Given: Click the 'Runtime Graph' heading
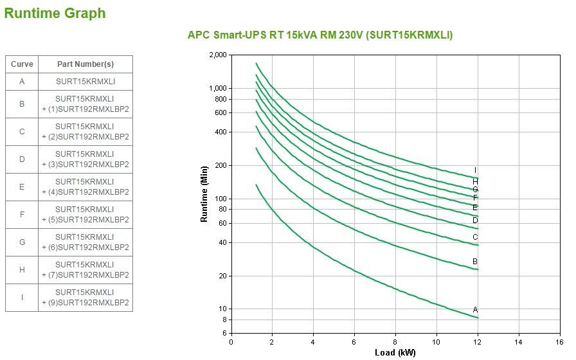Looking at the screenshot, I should [55, 13].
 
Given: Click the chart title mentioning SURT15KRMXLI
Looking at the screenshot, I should [319, 35].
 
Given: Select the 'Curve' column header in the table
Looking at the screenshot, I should [22, 64].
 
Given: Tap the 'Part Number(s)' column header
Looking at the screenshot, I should [85, 64].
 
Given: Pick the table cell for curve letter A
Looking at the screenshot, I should [22, 82].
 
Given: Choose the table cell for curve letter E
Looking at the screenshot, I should [22, 186].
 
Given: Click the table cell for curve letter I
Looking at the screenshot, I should [22, 297].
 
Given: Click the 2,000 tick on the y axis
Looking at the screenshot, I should [218, 55].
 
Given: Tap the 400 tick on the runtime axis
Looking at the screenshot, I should [221, 132].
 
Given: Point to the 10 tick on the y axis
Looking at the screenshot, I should [222, 309].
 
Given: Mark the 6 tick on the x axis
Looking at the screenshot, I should [354, 341].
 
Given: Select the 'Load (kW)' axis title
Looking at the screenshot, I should [395, 352].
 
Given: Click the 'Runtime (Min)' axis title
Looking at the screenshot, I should [204, 194].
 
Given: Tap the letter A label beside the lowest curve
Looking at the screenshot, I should [475, 309].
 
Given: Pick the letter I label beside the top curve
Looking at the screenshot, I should [475, 170].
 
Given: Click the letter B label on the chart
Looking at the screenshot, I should [475, 262].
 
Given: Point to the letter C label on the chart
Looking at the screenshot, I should [475, 237].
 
